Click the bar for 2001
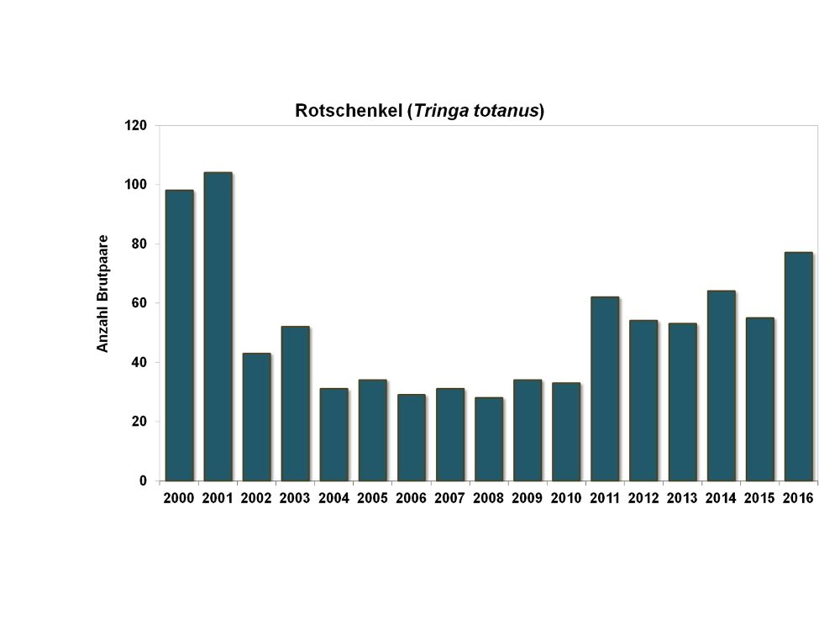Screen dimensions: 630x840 click(218, 327)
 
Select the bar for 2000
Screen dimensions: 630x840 click(179, 335)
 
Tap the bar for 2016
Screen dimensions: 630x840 click(798, 366)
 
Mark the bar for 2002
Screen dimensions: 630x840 click(256, 417)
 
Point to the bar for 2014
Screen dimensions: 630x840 click(721, 386)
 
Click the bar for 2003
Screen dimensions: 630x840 click(295, 403)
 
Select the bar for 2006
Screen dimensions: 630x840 click(411, 437)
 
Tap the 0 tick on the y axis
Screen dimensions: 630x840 click(144, 481)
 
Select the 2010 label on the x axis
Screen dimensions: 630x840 click(566, 498)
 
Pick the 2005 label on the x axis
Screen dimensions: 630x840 click(372, 498)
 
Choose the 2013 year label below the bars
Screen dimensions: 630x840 click(682, 498)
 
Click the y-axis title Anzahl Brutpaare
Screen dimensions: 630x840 click(102, 293)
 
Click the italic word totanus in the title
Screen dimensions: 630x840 click(507, 111)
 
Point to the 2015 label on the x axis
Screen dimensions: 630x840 click(759, 498)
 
